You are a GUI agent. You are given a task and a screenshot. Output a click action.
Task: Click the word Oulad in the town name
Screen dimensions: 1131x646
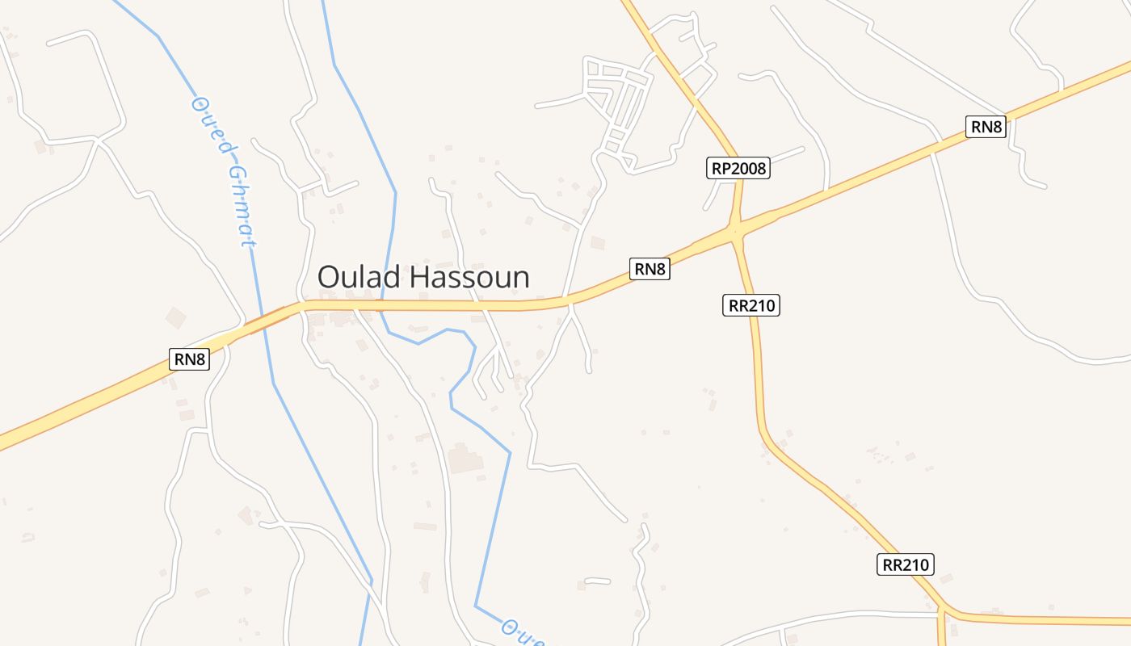tap(359, 277)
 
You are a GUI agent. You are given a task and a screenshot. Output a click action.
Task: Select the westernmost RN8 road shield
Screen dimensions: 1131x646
tap(189, 359)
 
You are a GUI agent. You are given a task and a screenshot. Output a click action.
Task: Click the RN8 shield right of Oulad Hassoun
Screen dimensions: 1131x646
tap(650, 269)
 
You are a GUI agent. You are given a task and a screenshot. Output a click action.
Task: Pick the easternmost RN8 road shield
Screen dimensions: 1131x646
tap(986, 127)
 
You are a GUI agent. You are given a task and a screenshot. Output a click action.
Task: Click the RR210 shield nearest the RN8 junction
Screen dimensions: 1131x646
tap(751, 305)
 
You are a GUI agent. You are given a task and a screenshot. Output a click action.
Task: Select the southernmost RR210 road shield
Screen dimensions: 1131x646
tap(906, 564)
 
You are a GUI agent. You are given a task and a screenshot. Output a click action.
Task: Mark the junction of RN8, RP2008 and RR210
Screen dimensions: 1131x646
tap(736, 233)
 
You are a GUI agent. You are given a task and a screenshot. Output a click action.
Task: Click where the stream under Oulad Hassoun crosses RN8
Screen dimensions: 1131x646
tap(381, 305)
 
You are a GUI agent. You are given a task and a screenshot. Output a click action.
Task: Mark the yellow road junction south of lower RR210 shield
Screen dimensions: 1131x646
tap(942, 611)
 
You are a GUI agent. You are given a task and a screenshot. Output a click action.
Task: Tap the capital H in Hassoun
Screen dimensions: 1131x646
tap(414, 277)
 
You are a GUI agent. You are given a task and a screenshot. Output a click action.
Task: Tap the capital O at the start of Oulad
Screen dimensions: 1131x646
tap(327, 277)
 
